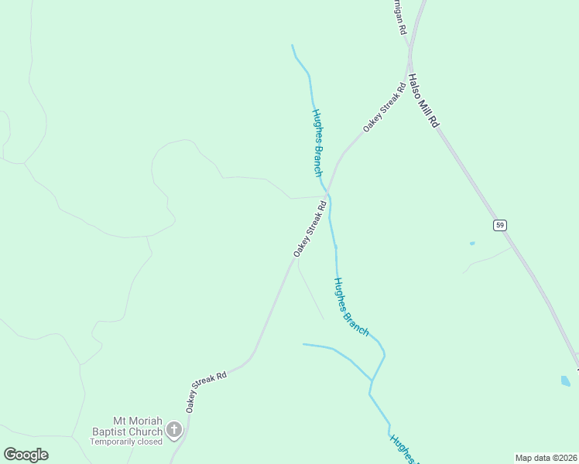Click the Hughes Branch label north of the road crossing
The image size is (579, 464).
click(317, 142)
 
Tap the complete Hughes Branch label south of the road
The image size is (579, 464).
click(351, 306)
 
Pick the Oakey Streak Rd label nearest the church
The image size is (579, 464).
click(206, 391)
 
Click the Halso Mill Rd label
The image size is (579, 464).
click(423, 101)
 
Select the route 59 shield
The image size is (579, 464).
click(500, 225)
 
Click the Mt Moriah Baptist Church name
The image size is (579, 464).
click(127, 425)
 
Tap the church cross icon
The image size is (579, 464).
click(174, 429)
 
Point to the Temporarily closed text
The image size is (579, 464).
click(126, 442)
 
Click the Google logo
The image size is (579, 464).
click(26, 455)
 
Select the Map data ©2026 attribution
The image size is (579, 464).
click(546, 457)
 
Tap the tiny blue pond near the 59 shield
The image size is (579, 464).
click(472, 244)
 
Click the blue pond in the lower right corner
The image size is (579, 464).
click(566, 380)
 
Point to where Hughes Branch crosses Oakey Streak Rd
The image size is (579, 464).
click(327, 193)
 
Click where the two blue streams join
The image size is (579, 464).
click(372, 380)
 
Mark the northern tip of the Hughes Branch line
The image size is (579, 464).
click(292, 46)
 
